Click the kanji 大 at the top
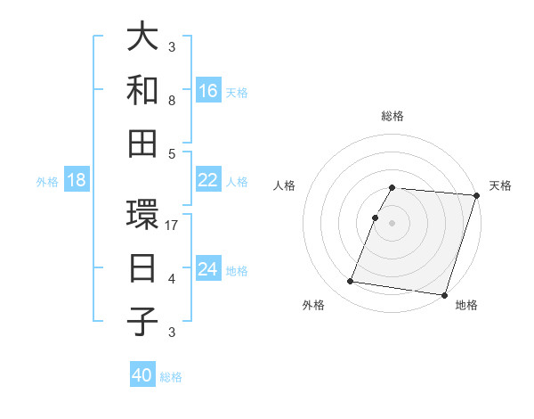click(142, 38)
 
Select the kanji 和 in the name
click(142, 90)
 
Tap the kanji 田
click(142, 143)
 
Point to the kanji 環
click(142, 216)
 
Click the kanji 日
click(142, 268)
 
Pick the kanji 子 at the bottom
click(142, 321)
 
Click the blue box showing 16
click(208, 91)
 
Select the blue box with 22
click(208, 180)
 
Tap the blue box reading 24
click(208, 269)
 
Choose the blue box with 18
click(77, 181)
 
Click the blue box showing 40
click(142, 376)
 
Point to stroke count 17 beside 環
click(173, 226)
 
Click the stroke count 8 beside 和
click(172, 101)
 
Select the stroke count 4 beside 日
click(172, 279)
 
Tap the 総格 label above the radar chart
click(392, 116)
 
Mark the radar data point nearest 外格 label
click(351, 282)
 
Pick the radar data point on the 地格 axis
click(444, 294)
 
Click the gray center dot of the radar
click(392, 223)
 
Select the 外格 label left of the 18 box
click(47, 182)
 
